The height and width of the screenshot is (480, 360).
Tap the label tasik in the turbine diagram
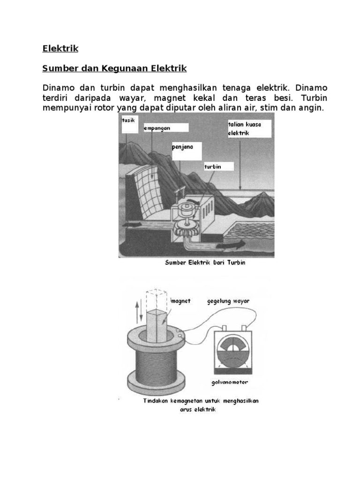point(128,121)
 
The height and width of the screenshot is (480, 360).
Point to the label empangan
point(157,127)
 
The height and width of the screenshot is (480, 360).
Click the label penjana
point(180,147)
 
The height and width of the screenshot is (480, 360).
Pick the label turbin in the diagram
point(212,166)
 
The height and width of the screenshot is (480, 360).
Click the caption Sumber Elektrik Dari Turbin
point(205,263)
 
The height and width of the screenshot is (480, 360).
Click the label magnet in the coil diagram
point(181,301)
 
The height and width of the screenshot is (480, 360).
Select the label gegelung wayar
point(228,301)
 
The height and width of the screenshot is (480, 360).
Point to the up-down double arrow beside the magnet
point(137,311)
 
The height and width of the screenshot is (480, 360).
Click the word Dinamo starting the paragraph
point(58,88)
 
